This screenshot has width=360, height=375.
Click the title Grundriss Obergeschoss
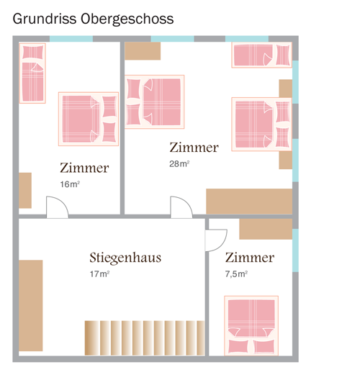93,19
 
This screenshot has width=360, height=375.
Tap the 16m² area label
70,184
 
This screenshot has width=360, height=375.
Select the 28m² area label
179,164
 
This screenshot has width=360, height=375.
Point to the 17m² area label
99,274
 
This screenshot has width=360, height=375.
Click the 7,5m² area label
236,274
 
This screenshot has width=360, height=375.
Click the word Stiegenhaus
125,258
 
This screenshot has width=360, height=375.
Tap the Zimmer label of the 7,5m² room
250,258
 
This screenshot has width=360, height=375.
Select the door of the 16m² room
57,207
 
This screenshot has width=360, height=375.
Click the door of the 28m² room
181,207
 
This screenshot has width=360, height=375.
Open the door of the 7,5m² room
216,240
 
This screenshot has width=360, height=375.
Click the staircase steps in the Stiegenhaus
145,338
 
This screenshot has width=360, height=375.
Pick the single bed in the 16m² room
32,73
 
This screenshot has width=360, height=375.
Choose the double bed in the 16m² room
89,119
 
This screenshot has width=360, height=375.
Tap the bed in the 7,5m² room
251,325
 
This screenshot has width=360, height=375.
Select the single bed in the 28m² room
262,55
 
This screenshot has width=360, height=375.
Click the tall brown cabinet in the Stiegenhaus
31,305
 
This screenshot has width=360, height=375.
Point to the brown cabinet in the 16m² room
25,190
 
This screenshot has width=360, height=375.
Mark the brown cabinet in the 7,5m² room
266,229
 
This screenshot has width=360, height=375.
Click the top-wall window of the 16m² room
71,39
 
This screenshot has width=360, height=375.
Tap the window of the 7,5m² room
295,250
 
